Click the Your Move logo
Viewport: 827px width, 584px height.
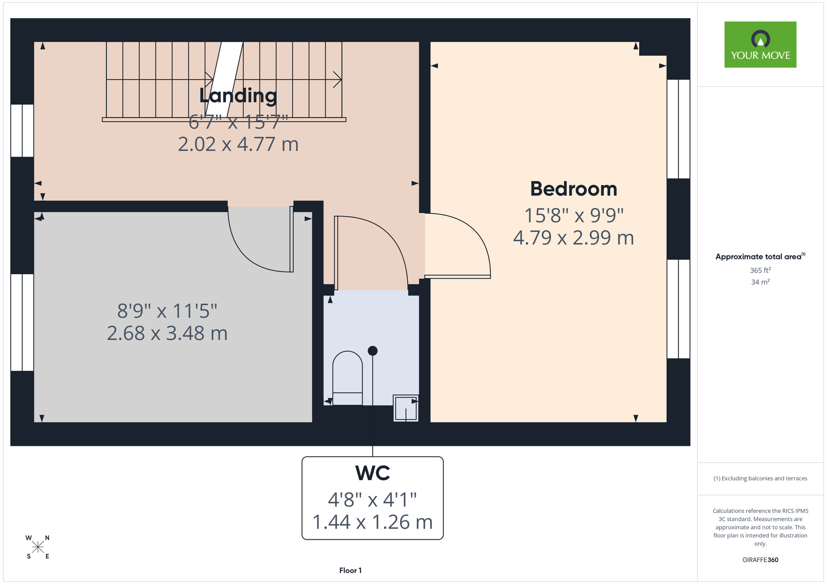click(x=760, y=45)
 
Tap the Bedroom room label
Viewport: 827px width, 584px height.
click(x=574, y=189)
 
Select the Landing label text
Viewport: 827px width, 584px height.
click(x=238, y=96)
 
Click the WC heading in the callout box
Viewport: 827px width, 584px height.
click(x=373, y=473)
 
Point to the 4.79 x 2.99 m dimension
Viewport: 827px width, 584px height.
click(x=574, y=238)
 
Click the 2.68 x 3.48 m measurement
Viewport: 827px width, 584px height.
click(x=167, y=333)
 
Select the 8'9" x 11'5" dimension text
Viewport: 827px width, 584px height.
click(x=167, y=311)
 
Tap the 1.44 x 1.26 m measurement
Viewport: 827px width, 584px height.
click(x=373, y=522)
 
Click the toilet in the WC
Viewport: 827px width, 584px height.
click(x=347, y=378)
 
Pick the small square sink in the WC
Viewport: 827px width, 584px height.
click(x=406, y=408)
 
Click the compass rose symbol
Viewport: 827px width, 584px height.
click(x=38, y=547)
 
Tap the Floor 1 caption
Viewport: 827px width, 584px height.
click(x=350, y=570)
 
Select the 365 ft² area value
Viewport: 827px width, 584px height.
click(x=760, y=270)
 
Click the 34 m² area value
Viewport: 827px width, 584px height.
click(x=760, y=282)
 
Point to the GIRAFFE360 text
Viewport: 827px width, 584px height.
click(x=760, y=560)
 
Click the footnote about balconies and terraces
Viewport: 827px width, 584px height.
click(x=760, y=478)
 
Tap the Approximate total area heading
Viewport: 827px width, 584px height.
click(x=760, y=256)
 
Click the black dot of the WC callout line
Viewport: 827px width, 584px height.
click(x=373, y=351)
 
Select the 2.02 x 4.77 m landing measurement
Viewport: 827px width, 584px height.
click(x=238, y=145)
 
